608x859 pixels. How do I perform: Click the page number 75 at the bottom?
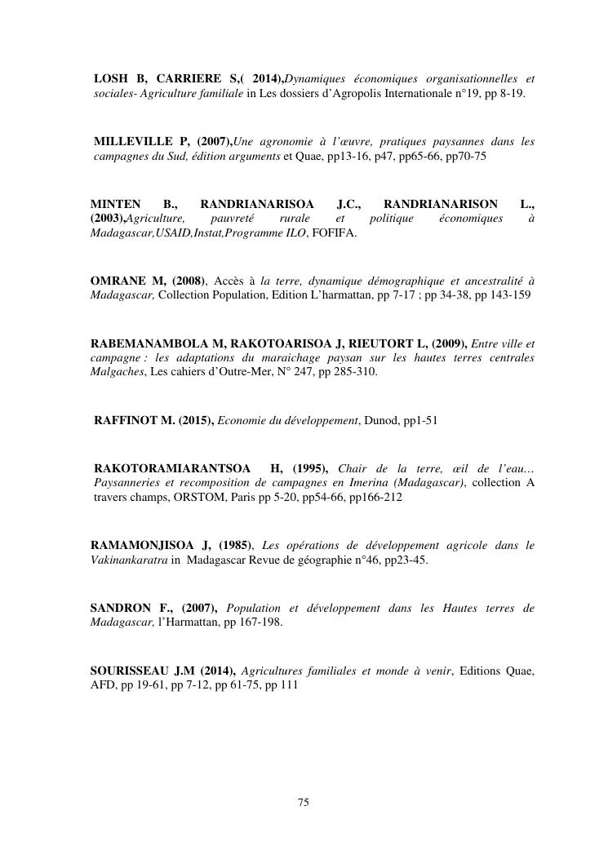[x=304, y=803]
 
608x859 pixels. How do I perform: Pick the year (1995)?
[x=308, y=467]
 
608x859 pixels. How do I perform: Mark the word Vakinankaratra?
[x=128, y=560]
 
